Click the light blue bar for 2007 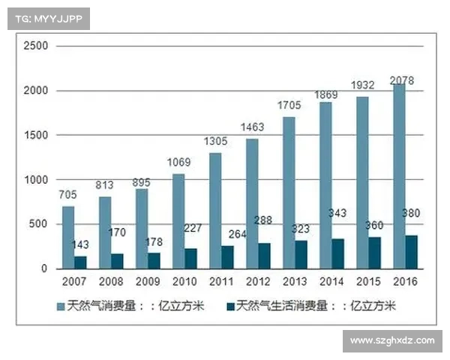tap(68, 237)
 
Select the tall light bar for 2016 tap(399, 176)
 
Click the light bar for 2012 tap(252, 203)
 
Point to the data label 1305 tap(216, 142)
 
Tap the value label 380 tap(411, 212)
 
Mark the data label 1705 tap(289, 106)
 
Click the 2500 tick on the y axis tap(35, 46)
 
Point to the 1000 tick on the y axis tap(35, 180)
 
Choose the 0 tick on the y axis tap(44, 268)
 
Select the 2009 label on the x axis tap(147, 281)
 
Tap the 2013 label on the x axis tap(294, 281)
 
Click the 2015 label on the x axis tap(367, 281)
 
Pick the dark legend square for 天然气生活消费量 tap(229, 306)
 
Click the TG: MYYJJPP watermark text tap(49, 19)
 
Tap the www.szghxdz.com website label tap(392, 340)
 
